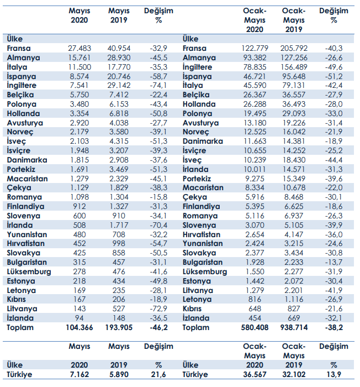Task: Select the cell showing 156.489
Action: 293,67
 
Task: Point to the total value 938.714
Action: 293,327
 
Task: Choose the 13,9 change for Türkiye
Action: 333,375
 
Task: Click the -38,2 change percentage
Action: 333,327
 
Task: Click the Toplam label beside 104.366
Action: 20,327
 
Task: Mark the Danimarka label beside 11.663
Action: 203,142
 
